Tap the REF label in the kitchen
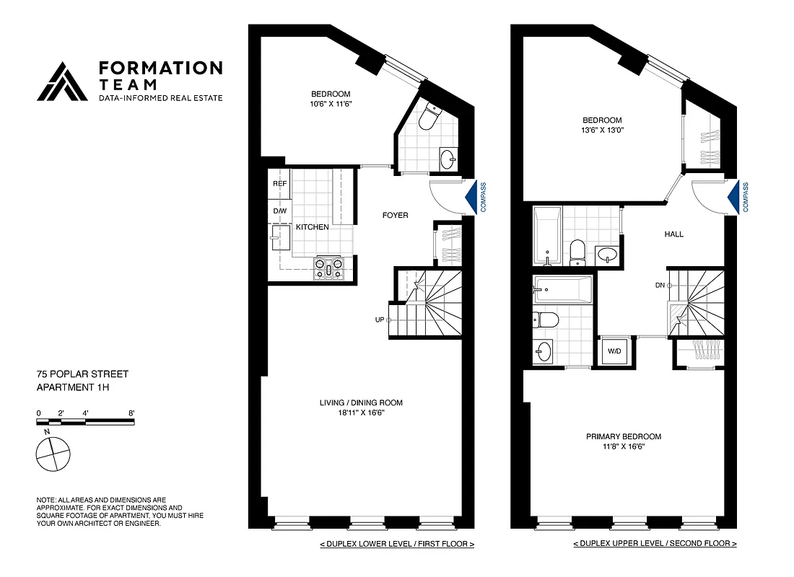point(279,184)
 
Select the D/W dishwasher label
point(279,211)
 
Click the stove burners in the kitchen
point(329,269)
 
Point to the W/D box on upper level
point(614,352)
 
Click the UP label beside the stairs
point(379,320)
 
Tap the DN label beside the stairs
point(659,286)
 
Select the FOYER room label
point(395,215)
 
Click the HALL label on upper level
point(673,234)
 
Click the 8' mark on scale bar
point(131,413)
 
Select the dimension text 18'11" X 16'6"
point(361,413)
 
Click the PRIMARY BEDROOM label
point(623,436)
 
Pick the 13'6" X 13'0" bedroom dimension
point(603,131)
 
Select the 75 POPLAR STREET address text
point(82,374)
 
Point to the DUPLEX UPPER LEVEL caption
point(655,543)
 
